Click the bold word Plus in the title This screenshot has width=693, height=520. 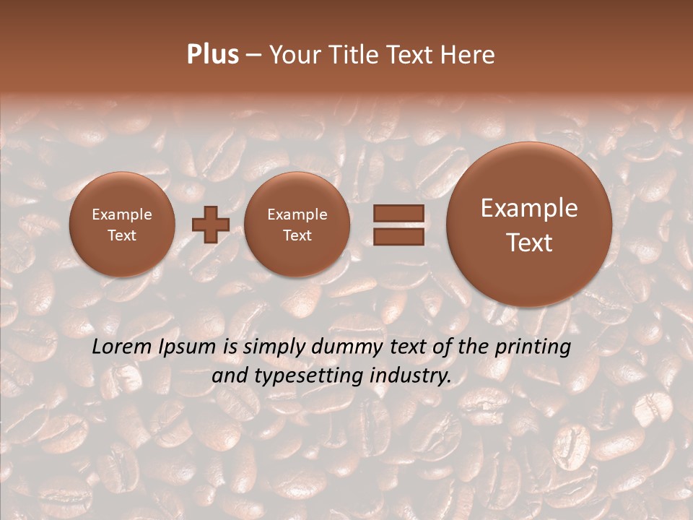point(212,55)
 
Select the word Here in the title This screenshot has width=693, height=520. point(469,55)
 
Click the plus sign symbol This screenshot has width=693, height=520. point(210,224)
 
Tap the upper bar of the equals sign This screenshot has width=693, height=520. point(398,213)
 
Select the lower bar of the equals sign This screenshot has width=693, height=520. point(398,236)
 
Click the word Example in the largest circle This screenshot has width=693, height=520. point(529,208)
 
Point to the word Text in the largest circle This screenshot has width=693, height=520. point(529,243)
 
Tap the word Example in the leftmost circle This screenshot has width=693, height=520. point(122,214)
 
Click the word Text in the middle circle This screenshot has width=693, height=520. point(297,235)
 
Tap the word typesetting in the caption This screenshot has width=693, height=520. point(320,376)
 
